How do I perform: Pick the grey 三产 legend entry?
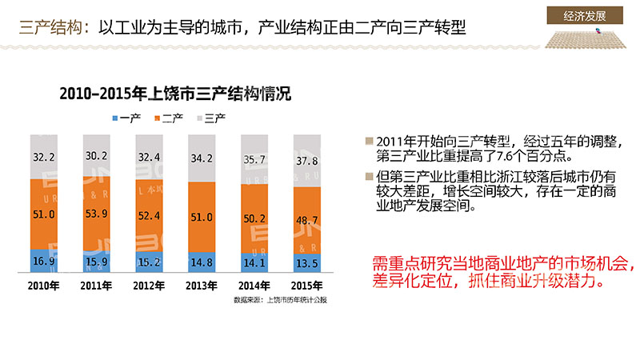click(x=210, y=118)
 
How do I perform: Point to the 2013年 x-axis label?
click(x=201, y=286)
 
